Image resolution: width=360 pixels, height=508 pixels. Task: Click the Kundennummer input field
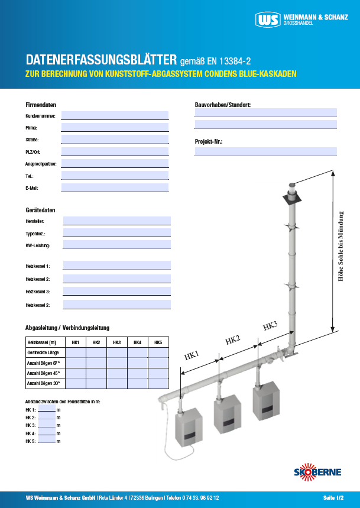click(115, 115)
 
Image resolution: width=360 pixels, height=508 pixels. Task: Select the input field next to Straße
click(115, 139)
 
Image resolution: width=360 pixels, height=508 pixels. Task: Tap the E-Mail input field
click(115, 187)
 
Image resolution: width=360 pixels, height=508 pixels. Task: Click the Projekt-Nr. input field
click(265, 151)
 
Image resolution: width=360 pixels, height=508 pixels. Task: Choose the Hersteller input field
click(116, 221)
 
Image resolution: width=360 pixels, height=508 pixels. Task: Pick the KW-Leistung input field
click(116, 245)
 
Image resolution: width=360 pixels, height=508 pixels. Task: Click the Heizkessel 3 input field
click(116, 292)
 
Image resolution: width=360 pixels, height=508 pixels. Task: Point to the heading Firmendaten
click(41, 104)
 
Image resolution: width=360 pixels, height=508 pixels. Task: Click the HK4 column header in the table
click(137, 342)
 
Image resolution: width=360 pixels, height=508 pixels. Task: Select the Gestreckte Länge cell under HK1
click(76, 352)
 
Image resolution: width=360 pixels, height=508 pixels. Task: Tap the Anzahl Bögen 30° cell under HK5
click(158, 383)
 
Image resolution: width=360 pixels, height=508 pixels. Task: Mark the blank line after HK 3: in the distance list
click(47, 425)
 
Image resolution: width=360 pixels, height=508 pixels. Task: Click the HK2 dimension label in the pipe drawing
click(232, 340)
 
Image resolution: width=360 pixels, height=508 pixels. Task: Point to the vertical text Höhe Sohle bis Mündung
click(340, 246)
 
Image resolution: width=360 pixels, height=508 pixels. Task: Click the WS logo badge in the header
click(268, 20)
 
